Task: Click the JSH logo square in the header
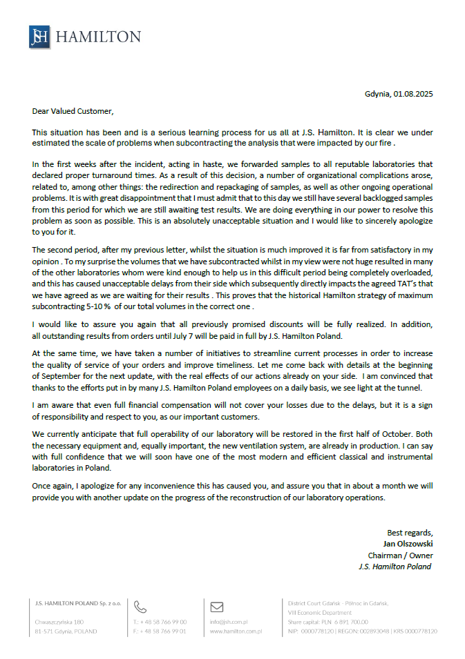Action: click(39, 37)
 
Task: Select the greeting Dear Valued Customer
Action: click(72, 110)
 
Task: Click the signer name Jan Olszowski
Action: click(408, 543)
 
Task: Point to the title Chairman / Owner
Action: click(400, 555)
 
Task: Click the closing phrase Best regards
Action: click(409, 532)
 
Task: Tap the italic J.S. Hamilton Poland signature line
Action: click(395, 567)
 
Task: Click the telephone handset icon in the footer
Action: click(140, 607)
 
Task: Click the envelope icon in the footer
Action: click(216, 607)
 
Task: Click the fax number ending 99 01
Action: click(160, 631)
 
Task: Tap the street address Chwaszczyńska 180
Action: click(59, 622)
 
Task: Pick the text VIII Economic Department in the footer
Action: click(320, 612)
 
